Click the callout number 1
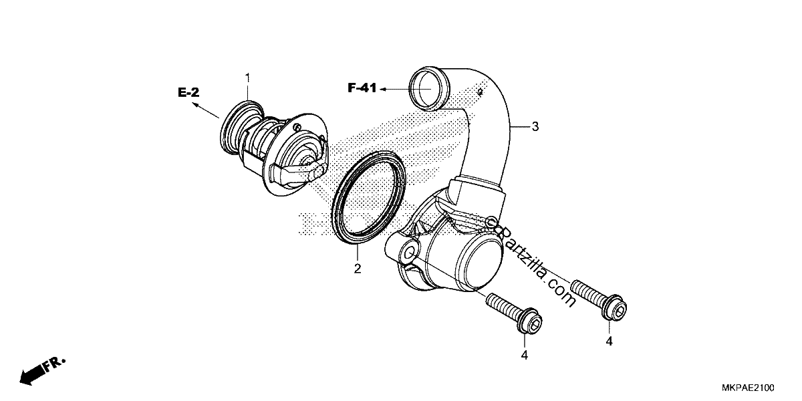point(247,78)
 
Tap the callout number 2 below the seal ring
point(358,269)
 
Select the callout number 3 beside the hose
point(535,126)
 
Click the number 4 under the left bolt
point(525,355)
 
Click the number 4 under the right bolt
point(610,342)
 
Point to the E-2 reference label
point(188,93)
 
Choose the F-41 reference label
point(362,88)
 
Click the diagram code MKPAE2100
point(748,388)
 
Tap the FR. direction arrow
point(42,371)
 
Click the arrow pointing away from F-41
point(394,89)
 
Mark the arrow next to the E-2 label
point(206,110)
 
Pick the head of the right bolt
point(616,308)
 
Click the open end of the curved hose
point(428,88)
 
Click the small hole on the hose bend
point(481,92)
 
